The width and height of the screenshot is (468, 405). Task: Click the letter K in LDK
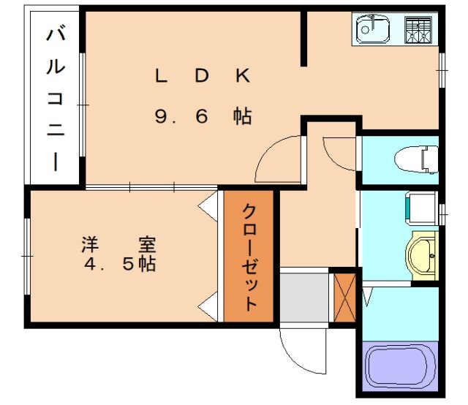pos(243,75)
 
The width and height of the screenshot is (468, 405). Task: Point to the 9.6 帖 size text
pos(203,116)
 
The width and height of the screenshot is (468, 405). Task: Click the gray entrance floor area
pos(303,296)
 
